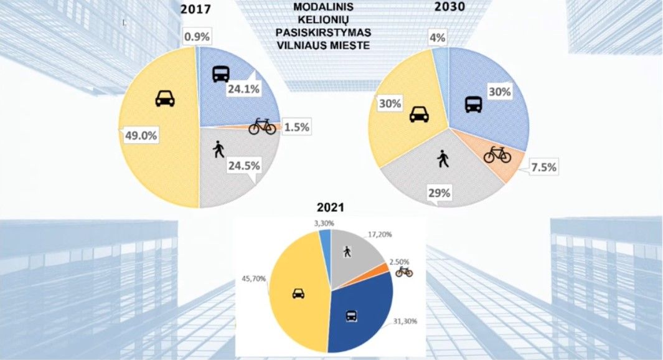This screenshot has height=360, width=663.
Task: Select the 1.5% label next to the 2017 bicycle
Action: click(x=296, y=126)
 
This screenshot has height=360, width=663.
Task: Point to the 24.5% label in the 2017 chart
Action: click(x=245, y=166)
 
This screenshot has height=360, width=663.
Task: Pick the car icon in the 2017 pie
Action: click(x=164, y=98)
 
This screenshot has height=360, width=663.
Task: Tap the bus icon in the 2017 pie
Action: click(x=221, y=74)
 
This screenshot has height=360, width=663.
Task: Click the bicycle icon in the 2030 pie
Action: click(x=497, y=154)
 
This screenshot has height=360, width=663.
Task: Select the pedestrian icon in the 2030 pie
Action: click(x=443, y=159)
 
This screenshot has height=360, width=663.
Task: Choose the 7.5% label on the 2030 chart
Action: click(x=543, y=168)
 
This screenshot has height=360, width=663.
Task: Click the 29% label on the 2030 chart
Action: click(x=439, y=194)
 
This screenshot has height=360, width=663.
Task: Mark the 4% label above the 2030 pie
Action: click(x=437, y=38)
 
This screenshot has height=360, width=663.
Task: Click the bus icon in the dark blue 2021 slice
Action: click(x=351, y=316)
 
